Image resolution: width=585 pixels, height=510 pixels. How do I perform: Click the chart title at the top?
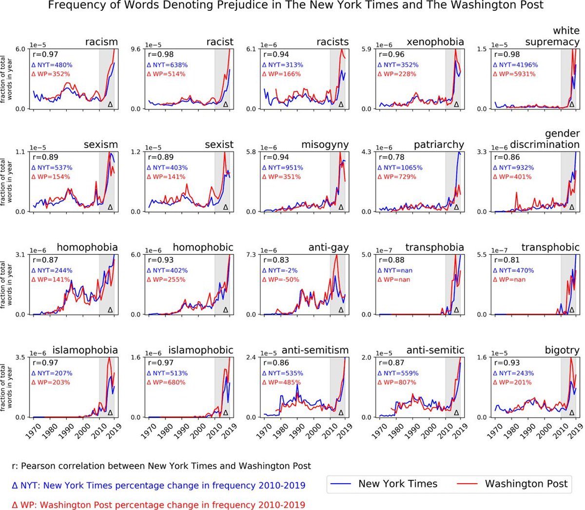click(295, 6)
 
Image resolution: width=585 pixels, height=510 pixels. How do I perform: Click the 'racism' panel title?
click(101, 42)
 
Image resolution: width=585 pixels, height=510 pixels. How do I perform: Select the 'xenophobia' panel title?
click(435, 42)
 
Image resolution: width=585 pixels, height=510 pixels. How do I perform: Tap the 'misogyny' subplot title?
click(325, 145)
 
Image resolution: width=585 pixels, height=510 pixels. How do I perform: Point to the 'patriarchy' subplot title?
click(439, 145)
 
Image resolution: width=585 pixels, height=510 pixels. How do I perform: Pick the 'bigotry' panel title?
click(562, 350)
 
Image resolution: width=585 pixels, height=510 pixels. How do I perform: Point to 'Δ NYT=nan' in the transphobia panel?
click(395, 270)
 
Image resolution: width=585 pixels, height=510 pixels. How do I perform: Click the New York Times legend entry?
click(384, 484)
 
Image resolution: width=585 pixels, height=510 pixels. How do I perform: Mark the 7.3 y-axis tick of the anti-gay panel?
click(252, 255)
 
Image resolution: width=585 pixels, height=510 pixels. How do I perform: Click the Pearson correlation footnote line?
click(161, 466)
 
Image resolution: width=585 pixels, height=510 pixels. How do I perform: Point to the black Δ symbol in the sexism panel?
click(110, 207)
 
